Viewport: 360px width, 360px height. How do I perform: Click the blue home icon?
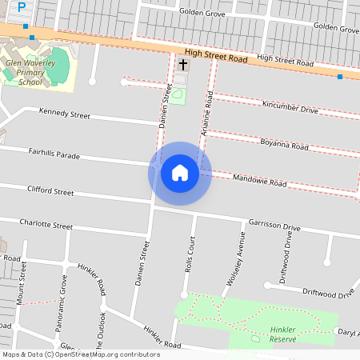point(180,173)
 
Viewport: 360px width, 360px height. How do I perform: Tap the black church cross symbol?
point(182,64)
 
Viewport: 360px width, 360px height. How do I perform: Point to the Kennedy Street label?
point(65,114)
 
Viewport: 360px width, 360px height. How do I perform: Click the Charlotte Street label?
point(46,223)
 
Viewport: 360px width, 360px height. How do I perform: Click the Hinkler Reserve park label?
point(283,333)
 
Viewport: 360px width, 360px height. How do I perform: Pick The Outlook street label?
point(102,312)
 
